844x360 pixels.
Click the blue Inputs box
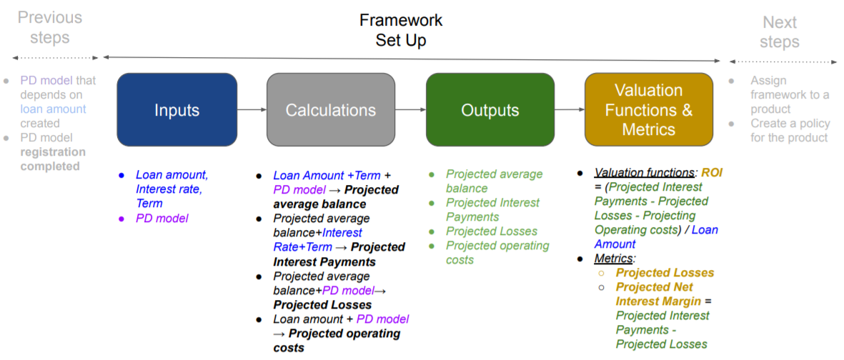pyautogui.click(x=177, y=110)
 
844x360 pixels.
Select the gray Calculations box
pyautogui.click(x=330, y=110)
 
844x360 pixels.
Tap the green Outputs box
pyautogui.click(x=490, y=110)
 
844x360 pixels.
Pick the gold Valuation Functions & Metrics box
pyautogui.click(x=649, y=110)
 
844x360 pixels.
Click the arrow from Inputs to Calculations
pyautogui.click(x=252, y=110)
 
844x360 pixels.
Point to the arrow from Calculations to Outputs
pyautogui.click(x=410, y=110)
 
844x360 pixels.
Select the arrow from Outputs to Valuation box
pyautogui.click(x=570, y=110)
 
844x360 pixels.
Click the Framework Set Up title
pyautogui.click(x=401, y=30)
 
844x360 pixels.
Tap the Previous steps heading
pyautogui.click(x=49, y=27)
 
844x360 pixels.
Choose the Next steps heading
pyautogui.click(x=780, y=31)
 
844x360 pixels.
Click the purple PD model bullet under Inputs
pyautogui.click(x=162, y=219)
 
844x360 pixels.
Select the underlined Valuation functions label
pyautogui.click(x=644, y=173)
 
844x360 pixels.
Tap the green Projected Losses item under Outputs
pyautogui.click(x=492, y=231)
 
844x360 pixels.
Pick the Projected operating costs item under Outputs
pyautogui.click(x=497, y=253)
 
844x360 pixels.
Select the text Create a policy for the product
pyautogui.click(x=789, y=131)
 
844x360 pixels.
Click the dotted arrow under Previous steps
pyautogui.click(x=56, y=58)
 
